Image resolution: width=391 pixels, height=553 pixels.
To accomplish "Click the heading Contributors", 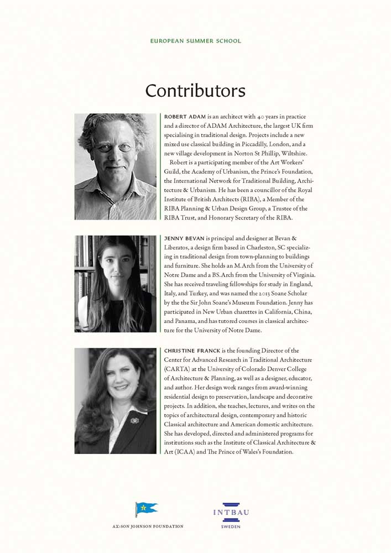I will [x=195, y=91].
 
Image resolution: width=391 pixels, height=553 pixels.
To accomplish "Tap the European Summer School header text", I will [x=195, y=41].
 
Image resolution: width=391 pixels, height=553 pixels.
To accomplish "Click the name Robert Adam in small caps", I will [x=185, y=117].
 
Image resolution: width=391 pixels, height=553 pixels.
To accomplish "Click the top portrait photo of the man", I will [x=116, y=166].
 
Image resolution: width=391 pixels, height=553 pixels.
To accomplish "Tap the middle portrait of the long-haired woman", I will [x=116, y=284].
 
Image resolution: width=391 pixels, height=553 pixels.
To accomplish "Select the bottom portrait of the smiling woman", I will [x=116, y=401].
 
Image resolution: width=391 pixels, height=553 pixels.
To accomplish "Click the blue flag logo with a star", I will [x=146, y=509].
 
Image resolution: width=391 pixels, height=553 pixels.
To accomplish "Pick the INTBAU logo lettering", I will [x=231, y=513].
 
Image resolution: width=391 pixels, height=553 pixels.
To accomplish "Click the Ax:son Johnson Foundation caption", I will [x=148, y=526].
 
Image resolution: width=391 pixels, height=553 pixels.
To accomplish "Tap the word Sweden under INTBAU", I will [x=231, y=527].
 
